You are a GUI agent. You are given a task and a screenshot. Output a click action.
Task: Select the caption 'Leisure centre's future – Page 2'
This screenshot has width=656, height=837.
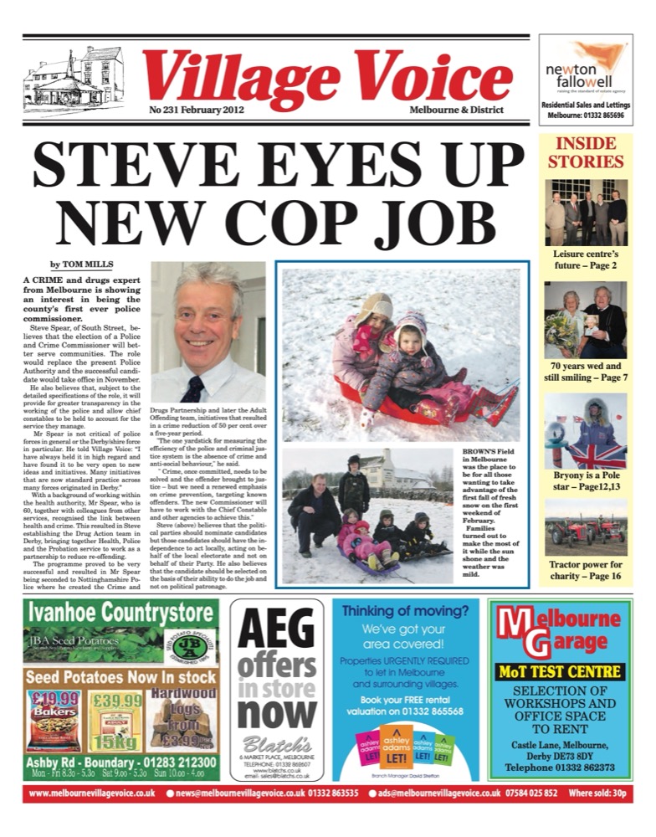pyautogui.click(x=585, y=258)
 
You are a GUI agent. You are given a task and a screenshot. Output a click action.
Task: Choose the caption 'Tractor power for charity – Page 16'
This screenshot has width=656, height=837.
pyautogui.click(x=585, y=571)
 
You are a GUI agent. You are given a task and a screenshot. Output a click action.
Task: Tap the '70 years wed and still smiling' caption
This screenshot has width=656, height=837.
pyautogui.click(x=585, y=372)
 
